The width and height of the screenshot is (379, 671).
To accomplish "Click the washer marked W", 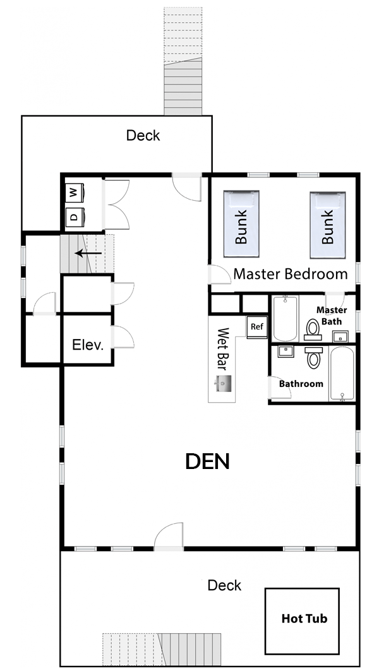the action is [75, 193].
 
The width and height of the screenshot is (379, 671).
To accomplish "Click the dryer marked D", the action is [75, 217].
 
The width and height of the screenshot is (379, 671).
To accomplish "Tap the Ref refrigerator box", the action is [256, 327].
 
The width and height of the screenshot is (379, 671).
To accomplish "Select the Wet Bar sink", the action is [223, 383].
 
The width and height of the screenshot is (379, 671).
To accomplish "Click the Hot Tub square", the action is [302, 621].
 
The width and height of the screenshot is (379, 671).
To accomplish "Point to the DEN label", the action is [208, 461].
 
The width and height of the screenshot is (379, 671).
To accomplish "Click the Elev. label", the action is [88, 345].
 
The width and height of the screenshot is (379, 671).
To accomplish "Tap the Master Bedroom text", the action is [291, 273].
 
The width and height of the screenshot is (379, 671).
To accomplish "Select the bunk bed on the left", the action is [241, 224].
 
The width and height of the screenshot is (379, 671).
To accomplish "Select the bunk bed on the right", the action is [328, 225].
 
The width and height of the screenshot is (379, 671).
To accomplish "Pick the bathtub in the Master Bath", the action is [285, 319].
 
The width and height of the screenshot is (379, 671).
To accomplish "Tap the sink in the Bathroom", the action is [286, 352].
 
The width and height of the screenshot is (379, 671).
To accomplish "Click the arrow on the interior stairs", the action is [88, 253].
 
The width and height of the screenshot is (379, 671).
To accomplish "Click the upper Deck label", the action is [143, 136].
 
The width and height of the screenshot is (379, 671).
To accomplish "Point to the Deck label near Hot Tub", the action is [224, 585].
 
